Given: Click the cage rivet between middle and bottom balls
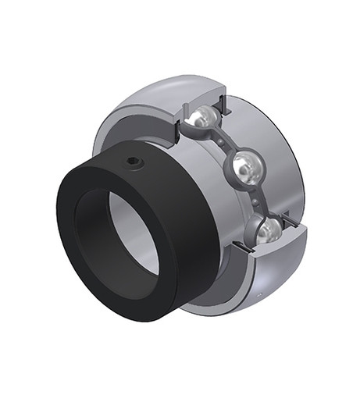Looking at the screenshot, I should tap(257, 199).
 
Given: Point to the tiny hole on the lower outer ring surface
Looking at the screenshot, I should tap(259, 296).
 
